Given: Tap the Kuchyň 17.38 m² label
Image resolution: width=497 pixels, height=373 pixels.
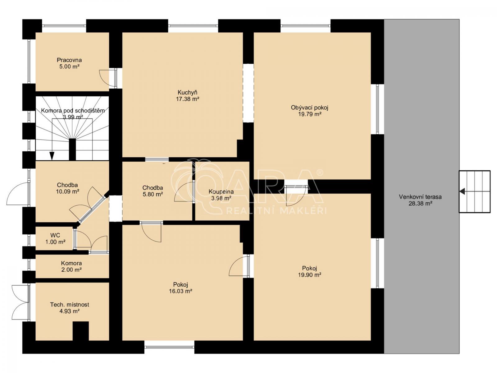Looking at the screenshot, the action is (188, 95).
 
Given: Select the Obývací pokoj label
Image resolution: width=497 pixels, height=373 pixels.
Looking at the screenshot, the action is (309, 107).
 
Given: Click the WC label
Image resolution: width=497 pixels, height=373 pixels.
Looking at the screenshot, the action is (55, 235).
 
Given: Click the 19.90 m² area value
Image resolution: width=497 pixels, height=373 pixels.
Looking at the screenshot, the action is (310, 275).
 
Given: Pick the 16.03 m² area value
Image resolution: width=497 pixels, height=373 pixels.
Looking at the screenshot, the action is (180, 291).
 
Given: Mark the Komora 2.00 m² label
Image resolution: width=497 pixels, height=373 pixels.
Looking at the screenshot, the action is (71, 266).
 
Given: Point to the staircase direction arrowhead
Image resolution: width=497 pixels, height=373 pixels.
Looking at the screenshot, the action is (52, 156).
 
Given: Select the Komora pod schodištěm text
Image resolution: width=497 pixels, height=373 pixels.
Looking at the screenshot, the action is (73, 111).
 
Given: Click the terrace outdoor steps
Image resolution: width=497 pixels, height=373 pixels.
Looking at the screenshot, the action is (475, 191).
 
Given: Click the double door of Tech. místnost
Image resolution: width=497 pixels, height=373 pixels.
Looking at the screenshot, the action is (21, 303).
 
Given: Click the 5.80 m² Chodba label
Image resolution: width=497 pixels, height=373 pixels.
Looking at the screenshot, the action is (153, 191).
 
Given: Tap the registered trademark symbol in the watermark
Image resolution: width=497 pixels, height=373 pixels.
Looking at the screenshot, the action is (320, 173).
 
